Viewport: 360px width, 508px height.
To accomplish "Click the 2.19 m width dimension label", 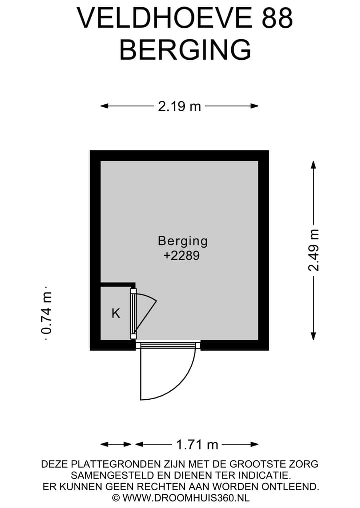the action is pyautogui.click(x=179, y=106).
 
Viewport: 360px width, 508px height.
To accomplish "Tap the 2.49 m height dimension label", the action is pyautogui.click(x=314, y=250).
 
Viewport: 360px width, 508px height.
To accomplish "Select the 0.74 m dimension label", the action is pyautogui.click(x=46, y=313).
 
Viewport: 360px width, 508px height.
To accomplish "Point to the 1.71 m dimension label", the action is pyautogui.click(x=197, y=444).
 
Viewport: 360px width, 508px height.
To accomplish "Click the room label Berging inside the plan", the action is pyautogui.click(x=183, y=241).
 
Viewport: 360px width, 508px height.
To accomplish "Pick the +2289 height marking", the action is pyautogui.click(x=181, y=256).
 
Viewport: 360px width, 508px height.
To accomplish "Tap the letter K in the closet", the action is pyautogui.click(x=116, y=313).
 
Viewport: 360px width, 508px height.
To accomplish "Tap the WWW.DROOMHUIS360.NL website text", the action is pyautogui.click(x=186, y=497).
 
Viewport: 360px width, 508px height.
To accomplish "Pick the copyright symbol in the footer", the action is pyautogui.click(x=116, y=498).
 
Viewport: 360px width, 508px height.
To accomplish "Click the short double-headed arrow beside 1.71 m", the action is pyautogui.click(x=116, y=444).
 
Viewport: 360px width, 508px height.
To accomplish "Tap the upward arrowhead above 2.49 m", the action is pyautogui.click(x=313, y=164).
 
